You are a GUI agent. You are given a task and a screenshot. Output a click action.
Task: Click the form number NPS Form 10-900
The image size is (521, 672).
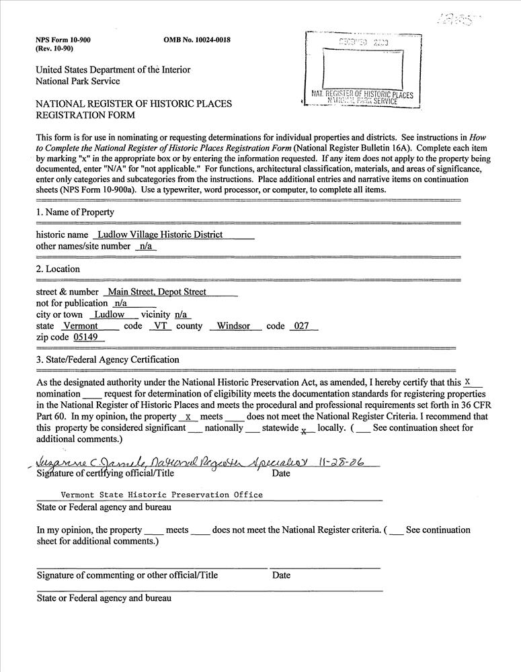point(63,40)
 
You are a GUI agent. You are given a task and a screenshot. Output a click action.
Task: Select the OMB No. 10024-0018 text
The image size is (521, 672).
point(197,40)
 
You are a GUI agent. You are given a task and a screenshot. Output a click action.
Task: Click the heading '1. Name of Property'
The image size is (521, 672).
point(75,212)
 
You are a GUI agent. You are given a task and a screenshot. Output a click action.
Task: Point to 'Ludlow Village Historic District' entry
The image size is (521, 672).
point(160,235)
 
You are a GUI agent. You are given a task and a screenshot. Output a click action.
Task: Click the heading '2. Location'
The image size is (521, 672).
point(58,269)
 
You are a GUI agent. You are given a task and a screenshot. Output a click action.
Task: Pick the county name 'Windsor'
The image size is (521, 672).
point(233,326)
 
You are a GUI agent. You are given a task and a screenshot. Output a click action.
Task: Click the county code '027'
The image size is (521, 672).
point(300,326)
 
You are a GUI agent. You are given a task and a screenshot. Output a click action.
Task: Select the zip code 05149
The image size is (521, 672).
point(85,337)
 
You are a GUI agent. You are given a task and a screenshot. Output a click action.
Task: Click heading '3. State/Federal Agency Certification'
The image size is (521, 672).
point(108,360)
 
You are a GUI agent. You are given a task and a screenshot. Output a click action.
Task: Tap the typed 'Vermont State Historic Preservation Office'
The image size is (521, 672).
point(162,495)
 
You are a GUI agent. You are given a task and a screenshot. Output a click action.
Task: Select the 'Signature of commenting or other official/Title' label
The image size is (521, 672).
point(127,575)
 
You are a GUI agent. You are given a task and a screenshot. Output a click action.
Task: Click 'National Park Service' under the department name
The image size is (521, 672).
point(78,81)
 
